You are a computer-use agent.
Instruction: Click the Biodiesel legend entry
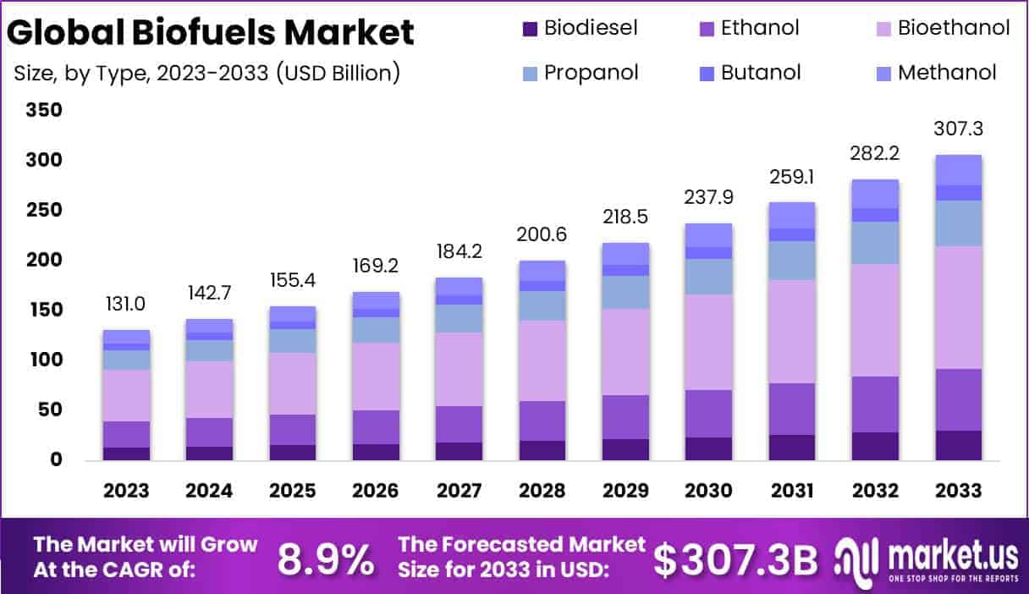click(x=580, y=29)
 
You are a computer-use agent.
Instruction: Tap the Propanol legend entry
click(x=580, y=73)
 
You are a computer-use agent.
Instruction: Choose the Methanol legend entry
click(x=936, y=73)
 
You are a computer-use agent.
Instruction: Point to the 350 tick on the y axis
click(x=43, y=111)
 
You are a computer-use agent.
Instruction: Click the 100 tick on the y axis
click(x=43, y=360)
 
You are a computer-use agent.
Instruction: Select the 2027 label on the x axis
click(x=459, y=492)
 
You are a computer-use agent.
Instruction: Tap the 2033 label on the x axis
click(x=958, y=492)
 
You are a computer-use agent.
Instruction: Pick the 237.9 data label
click(x=708, y=197)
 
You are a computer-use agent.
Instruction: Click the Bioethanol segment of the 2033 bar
click(x=958, y=307)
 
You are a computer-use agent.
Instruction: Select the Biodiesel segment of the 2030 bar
click(x=708, y=448)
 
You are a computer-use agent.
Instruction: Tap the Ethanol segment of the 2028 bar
click(x=542, y=421)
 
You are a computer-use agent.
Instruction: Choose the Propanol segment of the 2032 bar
click(x=875, y=243)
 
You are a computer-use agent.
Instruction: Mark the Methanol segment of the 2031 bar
click(x=791, y=215)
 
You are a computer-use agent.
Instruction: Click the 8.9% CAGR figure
click(x=326, y=558)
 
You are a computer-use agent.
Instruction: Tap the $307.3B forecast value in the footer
click(x=736, y=558)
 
